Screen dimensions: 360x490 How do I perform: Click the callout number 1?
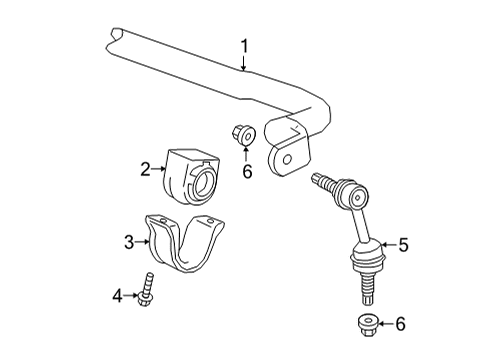pyautogui.click(x=243, y=45)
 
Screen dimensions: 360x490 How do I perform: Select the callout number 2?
pyautogui.click(x=146, y=169)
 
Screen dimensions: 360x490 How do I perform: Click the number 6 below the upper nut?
pyautogui.click(x=246, y=171)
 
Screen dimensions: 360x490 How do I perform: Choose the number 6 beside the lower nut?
pyautogui.click(x=401, y=324)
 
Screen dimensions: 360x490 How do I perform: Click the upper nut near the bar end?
pyautogui.click(x=242, y=134)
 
